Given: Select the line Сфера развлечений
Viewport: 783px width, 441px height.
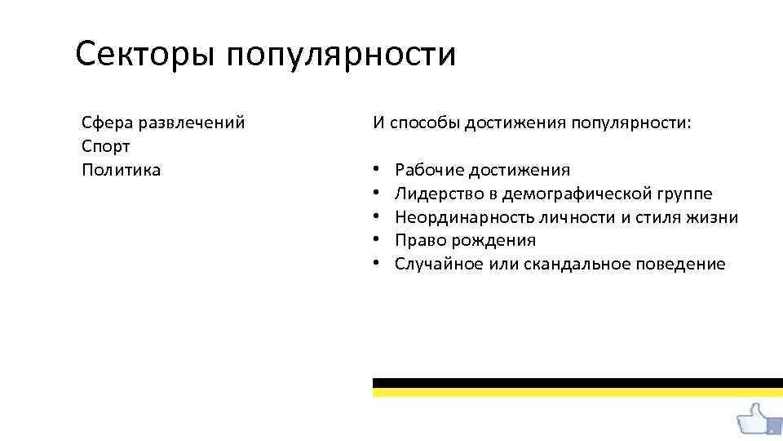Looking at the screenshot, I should pos(163,122).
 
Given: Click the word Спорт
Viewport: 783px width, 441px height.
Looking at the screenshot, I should pos(106,146).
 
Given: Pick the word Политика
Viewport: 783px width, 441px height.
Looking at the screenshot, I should pos(121,170).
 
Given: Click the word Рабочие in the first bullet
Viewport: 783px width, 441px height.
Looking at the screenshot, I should pos(428,170).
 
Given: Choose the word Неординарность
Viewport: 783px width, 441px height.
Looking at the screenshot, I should pos(463,217).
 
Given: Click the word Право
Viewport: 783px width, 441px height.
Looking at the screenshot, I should pos(416,240).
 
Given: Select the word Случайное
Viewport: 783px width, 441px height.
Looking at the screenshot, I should pos(439,264).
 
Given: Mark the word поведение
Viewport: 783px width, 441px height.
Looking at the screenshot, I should pos(685,264).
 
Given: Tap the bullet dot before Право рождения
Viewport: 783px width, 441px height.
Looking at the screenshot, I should pos(378,240).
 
